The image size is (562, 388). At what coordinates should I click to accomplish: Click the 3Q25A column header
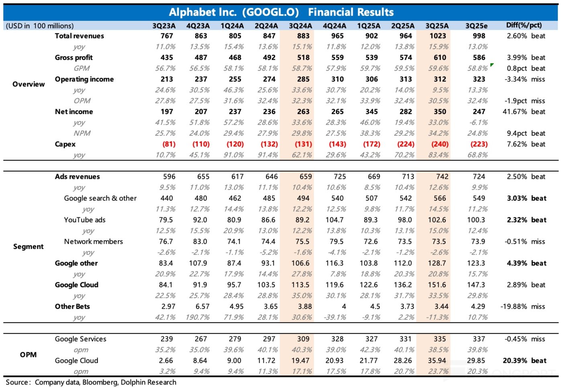(x=437, y=26)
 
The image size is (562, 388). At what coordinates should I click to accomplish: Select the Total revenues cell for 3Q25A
(x=437, y=36)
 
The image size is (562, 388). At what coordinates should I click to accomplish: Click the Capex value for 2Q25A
(x=406, y=144)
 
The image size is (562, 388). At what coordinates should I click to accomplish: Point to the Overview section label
(x=29, y=84)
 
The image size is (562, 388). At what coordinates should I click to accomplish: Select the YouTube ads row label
(x=85, y=220)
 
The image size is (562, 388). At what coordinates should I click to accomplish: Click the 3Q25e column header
(x=476, y=26)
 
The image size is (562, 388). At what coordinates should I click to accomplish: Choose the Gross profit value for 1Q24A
(x=235, y=57)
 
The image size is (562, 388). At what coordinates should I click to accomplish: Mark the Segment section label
(x=28, y=247)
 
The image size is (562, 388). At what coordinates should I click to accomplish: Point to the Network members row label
(x=94, y=241)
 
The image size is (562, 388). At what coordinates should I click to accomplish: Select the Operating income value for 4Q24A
(x=337, y=79)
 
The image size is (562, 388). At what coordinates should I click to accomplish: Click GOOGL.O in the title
(x=272, y=12)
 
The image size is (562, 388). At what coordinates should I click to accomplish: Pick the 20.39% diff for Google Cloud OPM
(x=515, y=361)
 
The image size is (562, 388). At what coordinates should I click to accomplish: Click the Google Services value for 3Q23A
(x=167, y=339)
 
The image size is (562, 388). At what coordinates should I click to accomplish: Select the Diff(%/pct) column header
(x=524, y=25)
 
